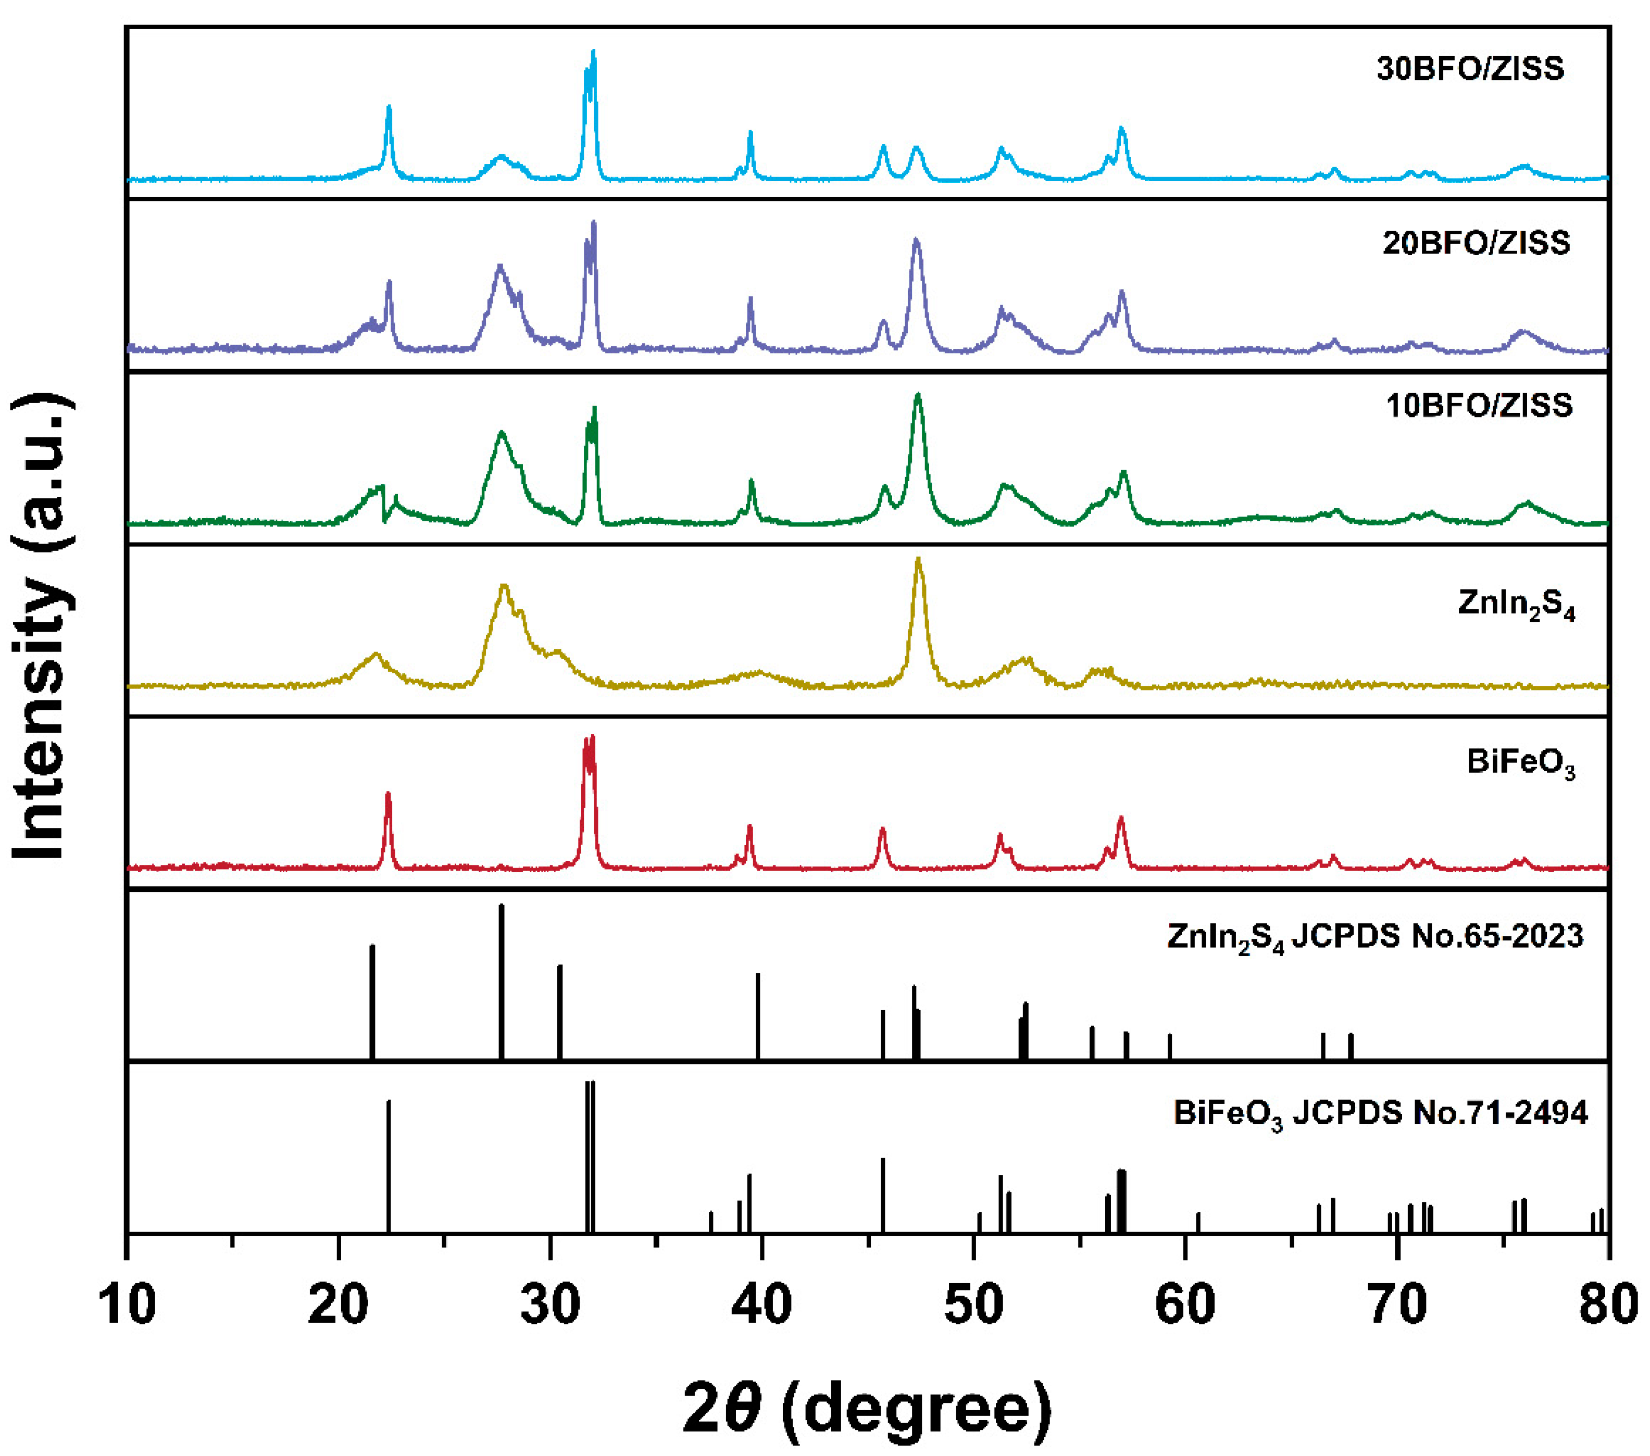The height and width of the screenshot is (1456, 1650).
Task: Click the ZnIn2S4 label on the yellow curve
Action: (x=1516, y=605)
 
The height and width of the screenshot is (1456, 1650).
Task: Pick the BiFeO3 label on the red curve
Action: (x=1521, y=763)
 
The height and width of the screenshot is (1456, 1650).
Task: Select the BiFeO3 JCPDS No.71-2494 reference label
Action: (x=1380, y=1114)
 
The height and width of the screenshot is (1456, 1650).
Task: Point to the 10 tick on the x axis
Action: (x=128, y=1305)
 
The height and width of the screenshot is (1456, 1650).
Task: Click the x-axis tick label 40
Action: (x=762, y=1305)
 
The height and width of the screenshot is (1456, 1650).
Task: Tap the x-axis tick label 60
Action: (x=1185, y=1305)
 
